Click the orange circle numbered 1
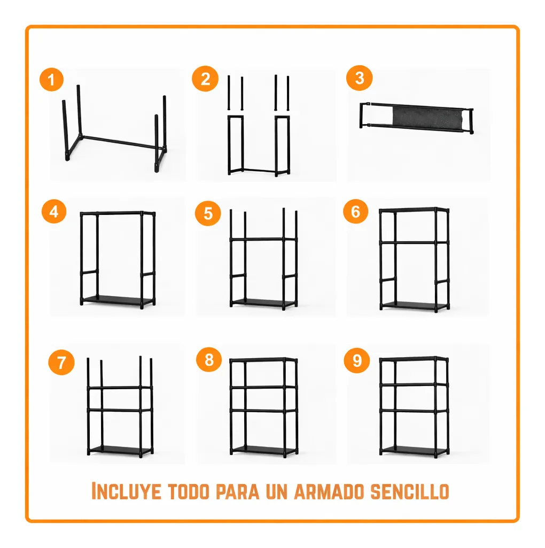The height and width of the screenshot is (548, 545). (51, 81)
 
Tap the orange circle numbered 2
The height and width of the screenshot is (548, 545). (205, 80)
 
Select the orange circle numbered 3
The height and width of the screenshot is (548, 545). (359, 78)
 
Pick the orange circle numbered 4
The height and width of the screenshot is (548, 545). (53, 212)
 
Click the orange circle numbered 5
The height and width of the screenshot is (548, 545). (208, 213)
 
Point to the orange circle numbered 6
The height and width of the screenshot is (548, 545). (356, 212)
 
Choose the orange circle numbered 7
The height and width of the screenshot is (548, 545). (61, 362)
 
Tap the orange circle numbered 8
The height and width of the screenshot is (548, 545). (209, 360)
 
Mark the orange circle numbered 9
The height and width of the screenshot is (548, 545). (357, 360)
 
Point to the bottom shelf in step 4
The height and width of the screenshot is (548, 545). (118, 300)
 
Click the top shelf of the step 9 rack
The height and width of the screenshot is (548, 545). (414, 359)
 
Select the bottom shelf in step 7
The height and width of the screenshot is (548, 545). (120, 450)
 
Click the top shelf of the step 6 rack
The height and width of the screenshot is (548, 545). (414, 210)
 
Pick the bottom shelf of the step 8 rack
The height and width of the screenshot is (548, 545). (264, 450)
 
